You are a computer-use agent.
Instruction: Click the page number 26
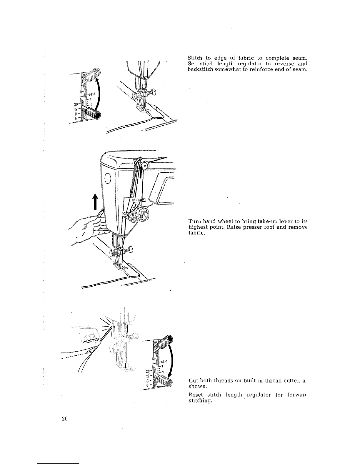[65, 419]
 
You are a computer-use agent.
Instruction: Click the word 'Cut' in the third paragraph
[193, 381]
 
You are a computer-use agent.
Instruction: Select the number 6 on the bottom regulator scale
[148, 385]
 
